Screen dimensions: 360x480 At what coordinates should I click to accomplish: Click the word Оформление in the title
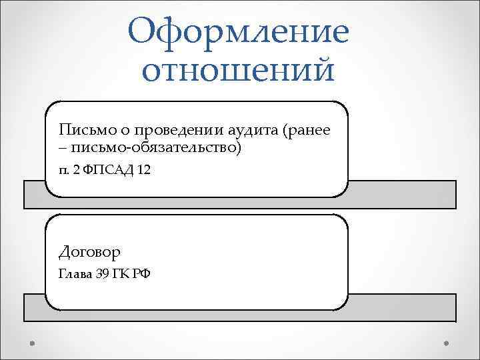(239, 32)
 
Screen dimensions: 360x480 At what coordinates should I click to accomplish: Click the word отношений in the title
(238, 71)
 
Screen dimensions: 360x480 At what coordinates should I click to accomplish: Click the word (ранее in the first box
(307, 129)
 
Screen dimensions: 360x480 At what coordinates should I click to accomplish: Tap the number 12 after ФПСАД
(143, 170)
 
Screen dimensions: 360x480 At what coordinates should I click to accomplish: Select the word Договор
(89, 252)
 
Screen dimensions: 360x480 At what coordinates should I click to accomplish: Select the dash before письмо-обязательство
(62, 147)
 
